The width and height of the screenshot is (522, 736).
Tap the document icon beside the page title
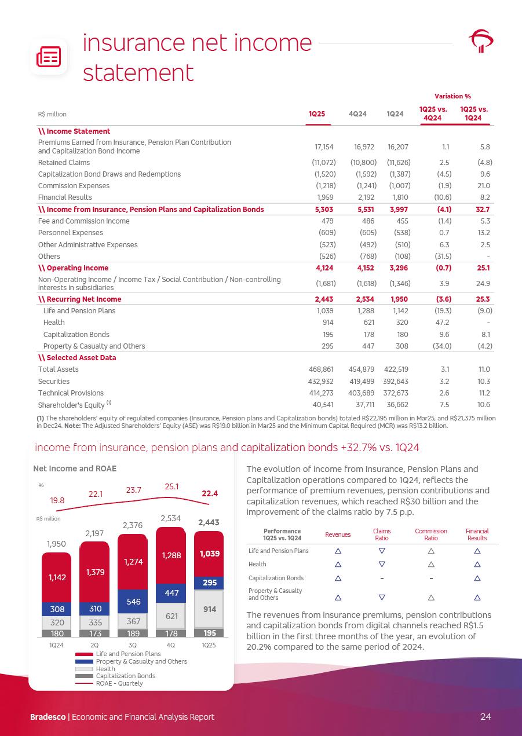(49, 57)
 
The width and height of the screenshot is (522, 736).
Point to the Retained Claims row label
(63, 163)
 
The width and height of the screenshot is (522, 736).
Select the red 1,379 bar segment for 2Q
(94, 572)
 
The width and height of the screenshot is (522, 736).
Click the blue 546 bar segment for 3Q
(133, 602)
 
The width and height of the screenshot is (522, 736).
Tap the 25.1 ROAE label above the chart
(171, 487)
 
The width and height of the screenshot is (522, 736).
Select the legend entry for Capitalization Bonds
(125, 676)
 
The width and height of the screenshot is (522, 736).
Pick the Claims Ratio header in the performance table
(382, 534)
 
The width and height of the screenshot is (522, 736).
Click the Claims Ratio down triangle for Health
(382, 564)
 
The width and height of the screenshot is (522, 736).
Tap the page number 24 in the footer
(486, 717)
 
